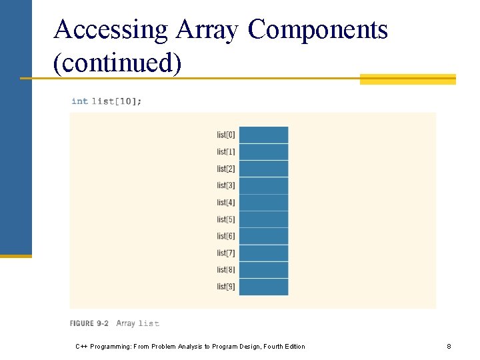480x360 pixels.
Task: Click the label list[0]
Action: tap(226, 135)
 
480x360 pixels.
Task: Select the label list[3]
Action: tap(226, 185)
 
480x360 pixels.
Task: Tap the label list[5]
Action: tap(226, 219)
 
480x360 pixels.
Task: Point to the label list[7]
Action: tap(226, 253)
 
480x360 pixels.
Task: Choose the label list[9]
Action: tap(226, 287)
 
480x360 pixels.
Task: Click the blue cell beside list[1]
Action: tap(263, 152)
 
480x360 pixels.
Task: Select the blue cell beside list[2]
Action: tap(263, 169)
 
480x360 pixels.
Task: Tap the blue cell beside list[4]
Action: tap(263, 203)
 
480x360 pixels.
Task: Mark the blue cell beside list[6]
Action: tap(263, 236)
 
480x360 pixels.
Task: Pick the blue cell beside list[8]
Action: tap(263, 270)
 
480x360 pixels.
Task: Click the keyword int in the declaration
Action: tap(79, 101)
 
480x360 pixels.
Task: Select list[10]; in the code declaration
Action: tap(117, 101)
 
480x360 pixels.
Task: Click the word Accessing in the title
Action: tap(111, 30)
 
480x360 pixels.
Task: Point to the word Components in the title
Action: tap(318, 30)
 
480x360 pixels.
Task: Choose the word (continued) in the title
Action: tap(117, 64)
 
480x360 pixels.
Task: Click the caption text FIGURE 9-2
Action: tap(89, 323)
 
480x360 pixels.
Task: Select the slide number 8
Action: tap(449, 347)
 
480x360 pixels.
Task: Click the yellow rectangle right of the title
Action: tap(407, 79)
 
